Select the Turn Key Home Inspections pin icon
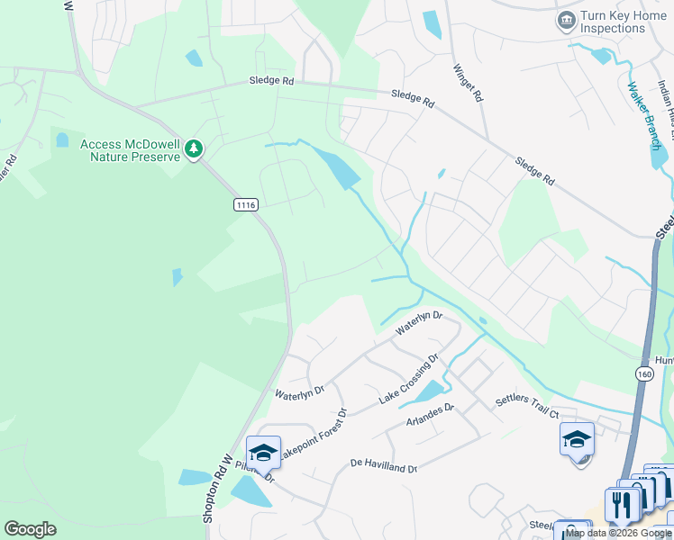tap(566, 20)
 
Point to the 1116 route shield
tap(245, 205)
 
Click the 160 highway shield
tap(644, 373)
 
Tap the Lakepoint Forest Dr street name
tap(312, 437)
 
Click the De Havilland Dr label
tap(383, 468)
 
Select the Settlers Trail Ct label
tap(527, 407)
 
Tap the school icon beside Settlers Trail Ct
tap(577, 439)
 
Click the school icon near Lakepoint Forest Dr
tap(263, 453)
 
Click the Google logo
tap(30, 529)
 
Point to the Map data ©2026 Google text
tap(618, 533)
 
